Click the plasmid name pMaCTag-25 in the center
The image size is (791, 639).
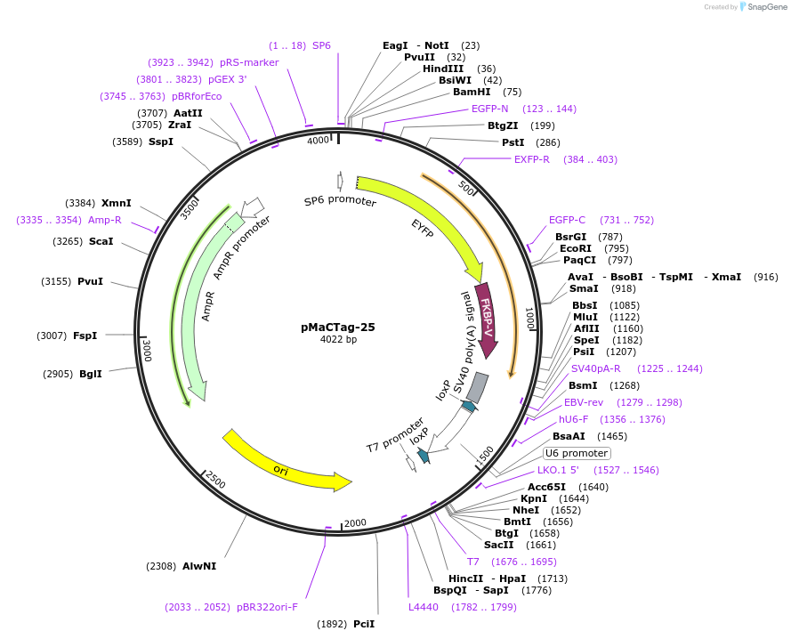click(x=338, y=327)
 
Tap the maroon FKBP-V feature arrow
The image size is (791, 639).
click(x=487, y=317)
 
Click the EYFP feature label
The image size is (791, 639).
click(x=425, y=227)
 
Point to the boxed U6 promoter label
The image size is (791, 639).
click(x=577, y=453)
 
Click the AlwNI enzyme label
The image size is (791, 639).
click(x=199, y=565)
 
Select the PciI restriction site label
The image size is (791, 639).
click(x=364, y=624)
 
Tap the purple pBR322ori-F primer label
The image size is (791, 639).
click(x=267, y=607)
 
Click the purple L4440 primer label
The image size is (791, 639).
click(x=424, y=607)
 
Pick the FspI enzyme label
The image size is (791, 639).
click(x=85, y=336)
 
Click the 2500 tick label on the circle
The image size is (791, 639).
click(x=215, y=480)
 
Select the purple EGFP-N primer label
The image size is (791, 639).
click(x=490, y=109)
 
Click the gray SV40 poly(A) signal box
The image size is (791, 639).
click(x=478, y=386)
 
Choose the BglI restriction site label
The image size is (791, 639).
click(x=91, y=374)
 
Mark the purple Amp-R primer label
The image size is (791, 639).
click(x=105, y=220)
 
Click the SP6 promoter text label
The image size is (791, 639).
click(x=340, y=202)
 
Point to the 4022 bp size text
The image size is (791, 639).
click(x=338, y=339)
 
